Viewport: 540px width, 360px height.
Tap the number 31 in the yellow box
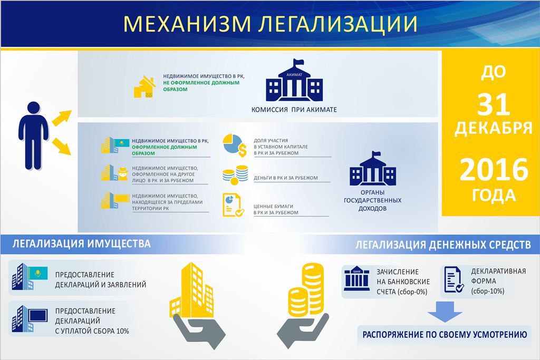tap(493, 105)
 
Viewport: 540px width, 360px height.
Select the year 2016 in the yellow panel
tap(494, 169)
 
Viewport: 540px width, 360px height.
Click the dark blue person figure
tap(33, 135)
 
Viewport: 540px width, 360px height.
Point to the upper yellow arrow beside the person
tap(61, 118)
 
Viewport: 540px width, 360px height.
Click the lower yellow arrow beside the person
tap(61, 147)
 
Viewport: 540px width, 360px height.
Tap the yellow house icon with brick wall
tap(144, 87)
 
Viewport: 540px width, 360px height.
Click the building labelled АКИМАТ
tap(294, 80)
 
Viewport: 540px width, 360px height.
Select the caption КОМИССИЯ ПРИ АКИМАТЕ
tap(294, 110)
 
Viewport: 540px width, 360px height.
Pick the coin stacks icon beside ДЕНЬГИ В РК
tap(235, 175)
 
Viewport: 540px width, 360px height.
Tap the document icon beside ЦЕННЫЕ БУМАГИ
tap(233, 205)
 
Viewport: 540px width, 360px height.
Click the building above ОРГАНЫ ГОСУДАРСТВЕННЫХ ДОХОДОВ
tap(373, 169)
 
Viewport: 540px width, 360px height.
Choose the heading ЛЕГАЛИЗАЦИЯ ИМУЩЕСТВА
tap(82, 244)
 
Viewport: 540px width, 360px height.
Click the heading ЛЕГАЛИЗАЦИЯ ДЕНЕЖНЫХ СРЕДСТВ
tap(443, 245)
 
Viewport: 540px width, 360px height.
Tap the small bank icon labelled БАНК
tap(357, 278)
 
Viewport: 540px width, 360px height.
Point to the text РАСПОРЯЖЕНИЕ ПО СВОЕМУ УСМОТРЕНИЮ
tap(445, 335)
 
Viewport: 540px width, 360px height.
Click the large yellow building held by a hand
tap(192, 290)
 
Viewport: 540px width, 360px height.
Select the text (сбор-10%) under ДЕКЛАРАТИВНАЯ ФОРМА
tap(488, 291)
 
